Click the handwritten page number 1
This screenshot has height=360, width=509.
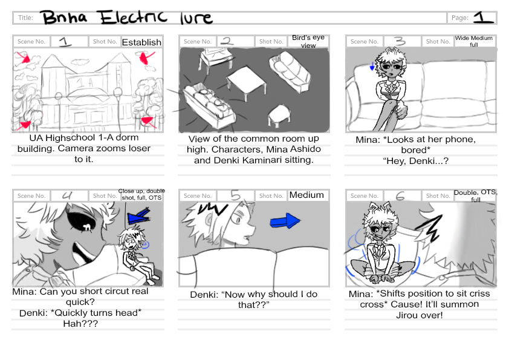pos(484,17)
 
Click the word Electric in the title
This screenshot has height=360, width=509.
pos(133,17)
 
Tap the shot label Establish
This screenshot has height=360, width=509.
pos(141,42)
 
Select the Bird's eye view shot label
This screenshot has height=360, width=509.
pos(308,41)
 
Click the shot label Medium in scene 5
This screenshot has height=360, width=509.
pos(306,195)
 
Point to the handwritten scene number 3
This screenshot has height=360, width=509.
pos(400,41)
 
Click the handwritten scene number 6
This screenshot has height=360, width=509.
pos(400,196)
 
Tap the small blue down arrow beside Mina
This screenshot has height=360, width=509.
pos(372,67)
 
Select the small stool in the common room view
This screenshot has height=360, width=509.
pos(279,116)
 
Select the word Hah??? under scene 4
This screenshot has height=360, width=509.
pos(80,324)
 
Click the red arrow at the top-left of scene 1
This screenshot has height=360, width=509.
pos(24,57)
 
